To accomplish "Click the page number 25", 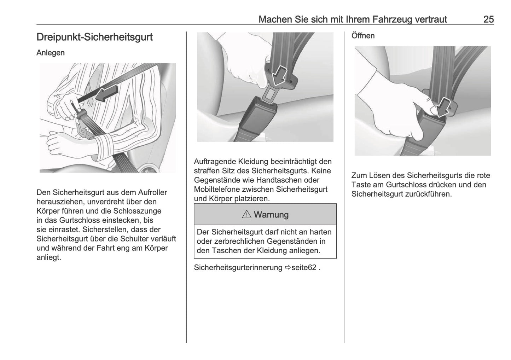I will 488,19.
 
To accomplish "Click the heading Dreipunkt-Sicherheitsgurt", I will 94,37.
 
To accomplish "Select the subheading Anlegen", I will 51,53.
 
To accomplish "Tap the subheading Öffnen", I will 363,36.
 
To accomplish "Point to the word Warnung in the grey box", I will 271,215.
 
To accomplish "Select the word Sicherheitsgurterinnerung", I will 238,267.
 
